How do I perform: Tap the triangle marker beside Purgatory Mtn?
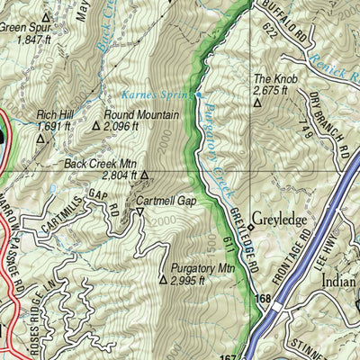(x=163, y=280)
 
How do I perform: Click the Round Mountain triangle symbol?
(x=96, y=127)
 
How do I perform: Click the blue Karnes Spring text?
(x=159, y=94)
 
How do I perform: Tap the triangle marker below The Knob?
(x=257, y=103)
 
